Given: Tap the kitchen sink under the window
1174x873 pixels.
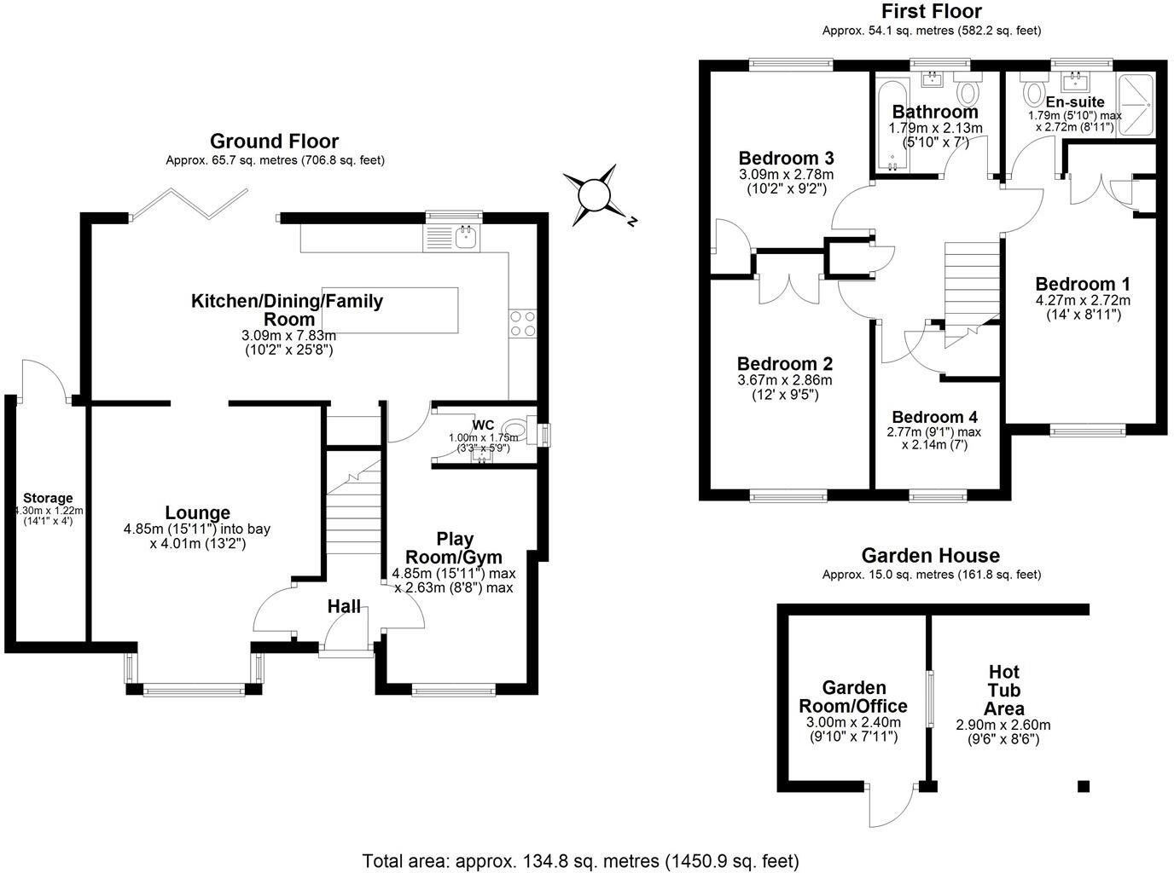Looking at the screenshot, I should pos(466,238).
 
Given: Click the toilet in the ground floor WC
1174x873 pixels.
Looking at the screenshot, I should pos(514,429).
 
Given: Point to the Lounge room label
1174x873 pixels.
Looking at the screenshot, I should pos(197,513).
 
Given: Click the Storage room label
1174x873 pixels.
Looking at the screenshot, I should pos(48,498).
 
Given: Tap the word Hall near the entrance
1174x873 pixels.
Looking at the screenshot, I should pos(344,607).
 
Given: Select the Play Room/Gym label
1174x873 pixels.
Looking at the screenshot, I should pos(455,548).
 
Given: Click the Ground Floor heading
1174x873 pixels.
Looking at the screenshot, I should pos(274,142).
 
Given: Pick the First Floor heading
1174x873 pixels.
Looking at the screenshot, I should pos(931,12).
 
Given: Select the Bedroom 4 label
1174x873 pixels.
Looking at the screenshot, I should pos(934,417).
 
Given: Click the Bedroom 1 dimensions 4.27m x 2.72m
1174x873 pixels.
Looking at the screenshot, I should pos(1083,300).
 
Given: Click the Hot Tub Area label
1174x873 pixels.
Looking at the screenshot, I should pos(1003,691).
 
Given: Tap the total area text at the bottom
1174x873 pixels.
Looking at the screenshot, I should pos(580,860).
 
